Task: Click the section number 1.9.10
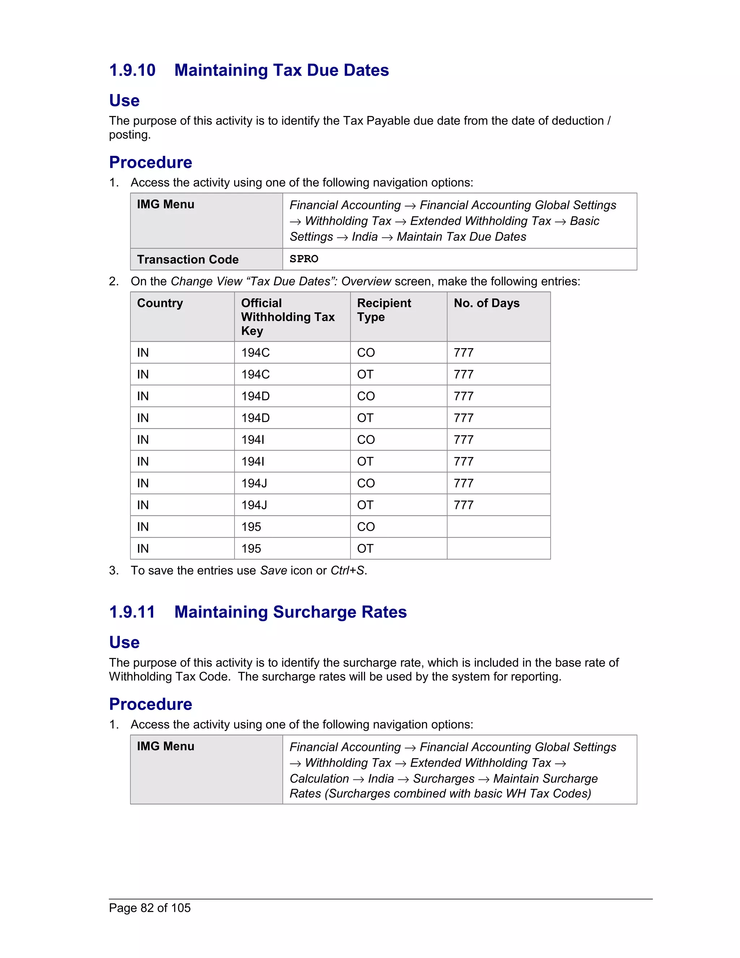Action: (x=132, y=70)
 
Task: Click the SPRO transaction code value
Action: (x=304, y=259)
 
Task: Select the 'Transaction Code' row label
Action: (x=188, y=259)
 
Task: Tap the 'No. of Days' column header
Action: (x=486, y=303)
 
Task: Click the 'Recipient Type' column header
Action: (x=384, y=310)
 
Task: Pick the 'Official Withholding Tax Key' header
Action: (x=288, y=317)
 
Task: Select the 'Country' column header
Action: (x=160, y=303)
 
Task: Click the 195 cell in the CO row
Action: (x=251, y=526)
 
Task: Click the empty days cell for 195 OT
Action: (x=498, y=548)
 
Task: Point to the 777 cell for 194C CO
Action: (x=463, y=353)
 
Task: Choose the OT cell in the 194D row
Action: (x=365, y=418)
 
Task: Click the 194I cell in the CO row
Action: (x=253, y=440)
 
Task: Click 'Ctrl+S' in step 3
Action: (x=347, y=570)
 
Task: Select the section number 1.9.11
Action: (x=132, y=612)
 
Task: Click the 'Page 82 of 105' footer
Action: (x=150, y=907)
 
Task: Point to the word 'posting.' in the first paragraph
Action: (x=130, y=135)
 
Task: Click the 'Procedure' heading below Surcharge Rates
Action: (x=150, y=704)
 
